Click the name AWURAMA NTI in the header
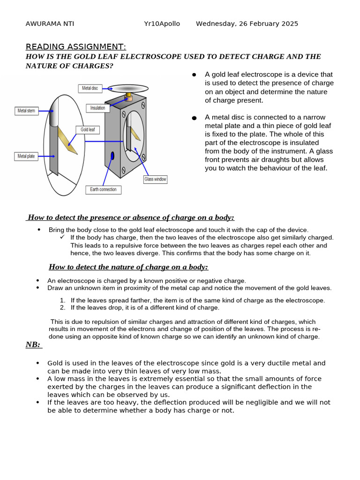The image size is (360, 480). pyautogui.click(x=50, y=24)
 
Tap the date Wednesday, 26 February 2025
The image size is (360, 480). pyautogui.click(x=247, y=24)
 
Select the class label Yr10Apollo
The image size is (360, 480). pyautogui.click(x=162, y=24)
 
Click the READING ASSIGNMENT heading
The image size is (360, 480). pyautogui.click(x=75, y=46)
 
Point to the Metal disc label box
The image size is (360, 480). pyautogui.click(x=90, y=88)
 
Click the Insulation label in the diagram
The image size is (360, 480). pyautogui.click(x=98, y=108)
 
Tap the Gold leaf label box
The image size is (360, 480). pyautogui.click(x=88, y=129)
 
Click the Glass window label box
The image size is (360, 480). pyautogui.click(x=155, y=179)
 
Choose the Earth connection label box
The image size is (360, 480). pyautogui.click(x=104, y=190)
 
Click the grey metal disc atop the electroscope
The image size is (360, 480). pyautogui.click(x=128, y=88)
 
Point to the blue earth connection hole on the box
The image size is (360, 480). pyautogui.click(x=112, y=155)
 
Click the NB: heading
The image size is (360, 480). pyautogui.click(x=33, y=345)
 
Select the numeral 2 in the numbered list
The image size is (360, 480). pyautogui.click(x=62, y=308)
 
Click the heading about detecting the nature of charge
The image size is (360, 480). pyautogui.click(x=128, y=267)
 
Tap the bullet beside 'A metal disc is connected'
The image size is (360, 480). pyautogui.click(x=194, y=118)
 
